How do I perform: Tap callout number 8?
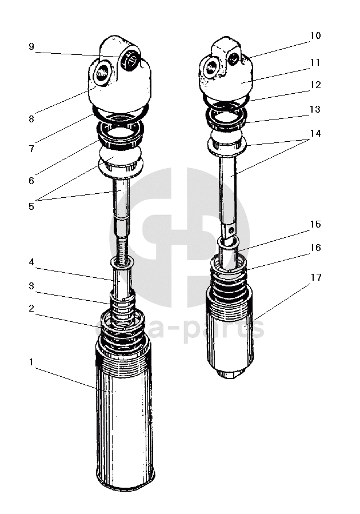(x=32, y=120)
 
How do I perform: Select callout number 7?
(x=32, y=149)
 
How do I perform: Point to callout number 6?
(x=32, y=181)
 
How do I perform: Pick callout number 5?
(x=32, y=206)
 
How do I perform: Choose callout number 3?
(x=32, y=286)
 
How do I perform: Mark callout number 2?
(x=32, y=309)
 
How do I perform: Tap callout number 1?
(x=32, y=362)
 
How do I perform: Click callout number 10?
(x=315, y=35)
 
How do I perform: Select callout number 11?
(x=315, y=62)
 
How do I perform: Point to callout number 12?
(x=315, y=85)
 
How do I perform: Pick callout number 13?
(x=315, y=109)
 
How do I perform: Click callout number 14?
(x=315, y=133)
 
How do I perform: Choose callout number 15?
(x=315, y=225)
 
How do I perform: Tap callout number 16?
(x=315, y=248)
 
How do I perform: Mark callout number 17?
(x=315, y=278)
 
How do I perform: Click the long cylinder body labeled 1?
(x=123, y=423)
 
